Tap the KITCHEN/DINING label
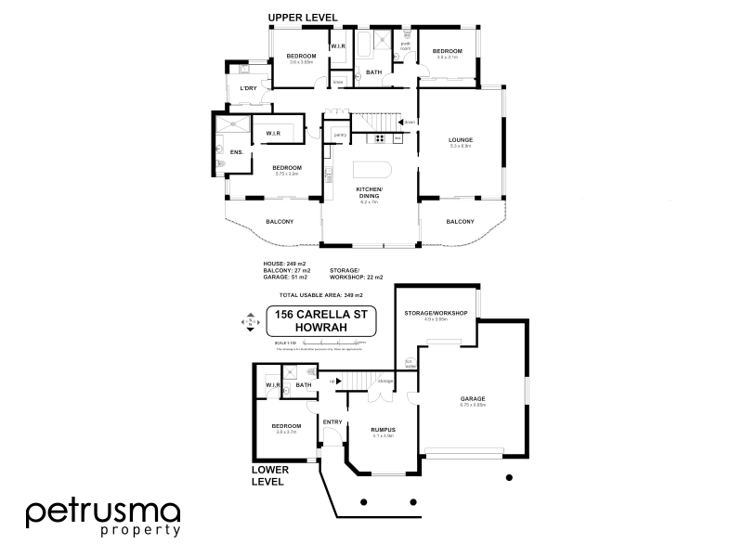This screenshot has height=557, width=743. coord(370,191)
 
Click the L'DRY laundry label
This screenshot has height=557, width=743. coord(247,88)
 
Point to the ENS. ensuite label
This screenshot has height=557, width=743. coord(236,151)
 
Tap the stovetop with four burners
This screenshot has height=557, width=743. coord(379,139)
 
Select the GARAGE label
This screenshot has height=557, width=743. coord(473,399)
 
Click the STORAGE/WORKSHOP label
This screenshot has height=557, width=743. coord(435,314)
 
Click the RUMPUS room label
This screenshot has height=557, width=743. coord(385,430)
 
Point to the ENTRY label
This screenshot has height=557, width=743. coord(332,422)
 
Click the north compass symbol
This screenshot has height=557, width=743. coord(248,323)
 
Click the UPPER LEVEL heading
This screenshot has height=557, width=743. coord(303,18)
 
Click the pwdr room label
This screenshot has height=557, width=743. coord(406,45)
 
